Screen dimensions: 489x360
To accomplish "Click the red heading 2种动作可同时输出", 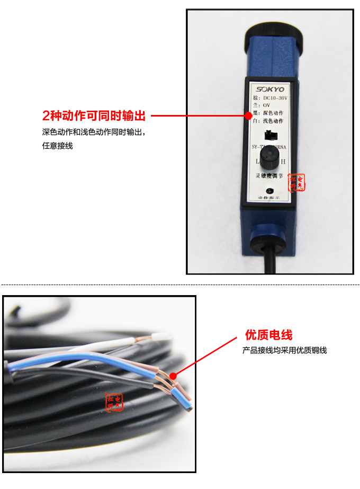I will pyautogui.click(x=94, y=115).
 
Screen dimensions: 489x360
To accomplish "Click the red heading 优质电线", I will pyautogui.click(x=268, y=335).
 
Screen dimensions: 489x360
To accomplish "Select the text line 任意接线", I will pyautogui.click(x=57, y=146).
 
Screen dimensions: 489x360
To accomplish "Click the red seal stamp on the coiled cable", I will pyautogui.click(x=114, y=402).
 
